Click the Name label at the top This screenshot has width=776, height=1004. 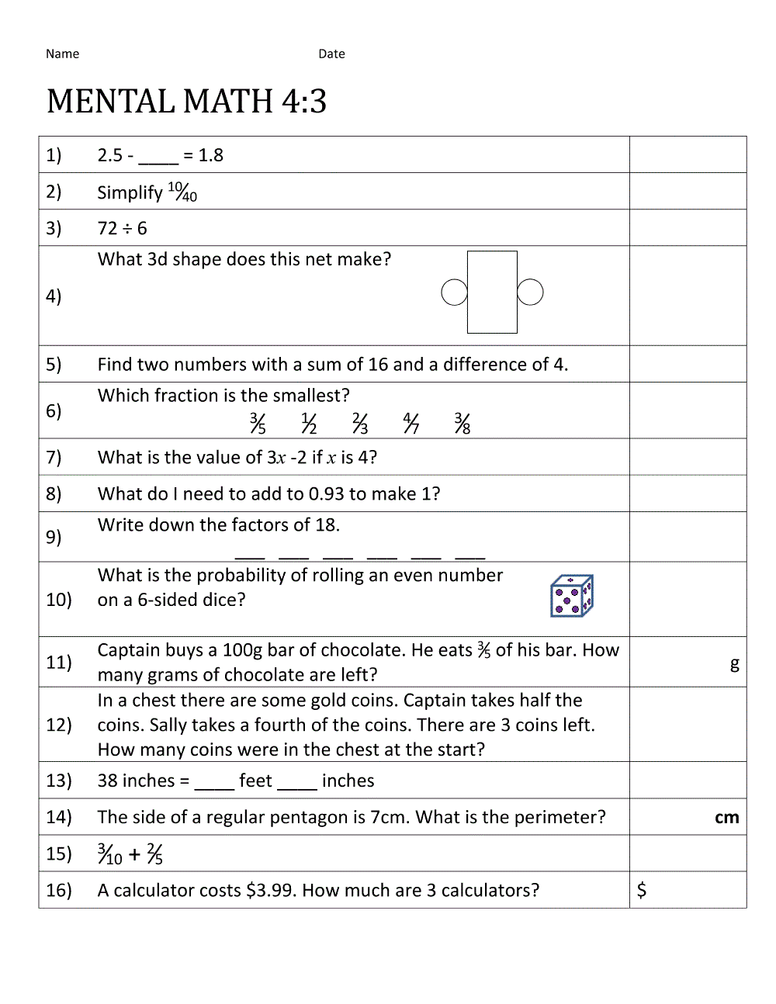(62, 54)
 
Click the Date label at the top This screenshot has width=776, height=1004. (331, 54)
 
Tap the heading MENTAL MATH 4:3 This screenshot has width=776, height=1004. (186, 102)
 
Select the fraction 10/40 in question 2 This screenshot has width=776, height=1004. (182, 192)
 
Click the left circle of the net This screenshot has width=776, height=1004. (454, 293)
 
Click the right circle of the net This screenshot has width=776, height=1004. (530, 293)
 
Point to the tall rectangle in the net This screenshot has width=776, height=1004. (492, 292)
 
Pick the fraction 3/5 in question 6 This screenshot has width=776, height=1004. (258, 423)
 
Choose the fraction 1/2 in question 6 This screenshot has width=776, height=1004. (309, 423)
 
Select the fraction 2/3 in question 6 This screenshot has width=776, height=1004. (360, 423)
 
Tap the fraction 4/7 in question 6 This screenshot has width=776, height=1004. (411, 423)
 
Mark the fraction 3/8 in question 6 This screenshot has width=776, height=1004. (462, 423)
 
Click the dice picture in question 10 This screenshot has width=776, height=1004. (571, 596)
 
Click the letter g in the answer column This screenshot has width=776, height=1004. (734, 663)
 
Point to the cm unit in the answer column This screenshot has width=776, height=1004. (726, 817)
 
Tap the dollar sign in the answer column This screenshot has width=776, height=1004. (642, 890)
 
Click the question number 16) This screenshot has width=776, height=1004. (59, 890)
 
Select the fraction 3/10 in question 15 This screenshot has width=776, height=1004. (110, 854)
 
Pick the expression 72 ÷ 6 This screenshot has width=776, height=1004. (122, 228)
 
